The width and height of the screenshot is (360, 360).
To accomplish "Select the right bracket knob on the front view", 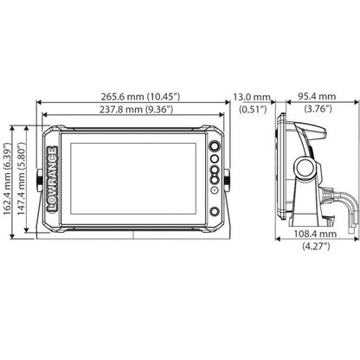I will [x=228, y=180].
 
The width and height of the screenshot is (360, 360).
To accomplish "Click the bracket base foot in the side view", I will [x=307, y=228].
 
